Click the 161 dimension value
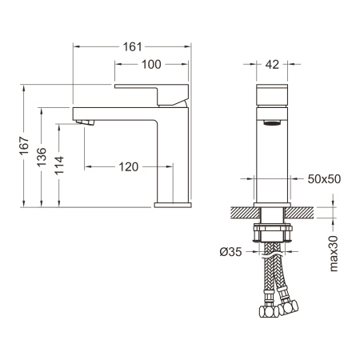point(132,46)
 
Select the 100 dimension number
point(150,64)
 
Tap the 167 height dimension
point(25,146)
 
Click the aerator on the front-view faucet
point(272,124)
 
